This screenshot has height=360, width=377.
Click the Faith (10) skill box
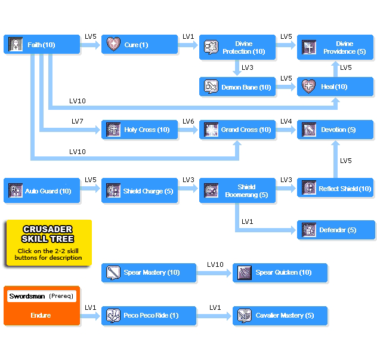click(x=42, y=45)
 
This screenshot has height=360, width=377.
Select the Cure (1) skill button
click(x=140, y=45)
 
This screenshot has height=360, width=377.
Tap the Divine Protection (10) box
click(x=237, y=47)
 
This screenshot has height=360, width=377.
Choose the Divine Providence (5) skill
click(x=336, y=47)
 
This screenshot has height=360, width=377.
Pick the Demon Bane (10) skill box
click(x=237, y=87)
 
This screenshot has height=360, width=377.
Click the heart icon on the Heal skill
click(x=308, y=87)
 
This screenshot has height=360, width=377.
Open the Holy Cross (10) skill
click(x=140, y=130)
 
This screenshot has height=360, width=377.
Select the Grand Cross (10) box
click(x=237, y=130)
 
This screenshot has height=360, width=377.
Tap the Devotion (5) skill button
click(x=336, y=130)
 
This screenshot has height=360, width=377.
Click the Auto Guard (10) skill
click(x=42, y=191)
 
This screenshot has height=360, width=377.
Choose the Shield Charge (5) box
click(x=140, y=191)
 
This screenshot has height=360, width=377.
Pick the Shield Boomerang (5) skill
click(x=237, y=191)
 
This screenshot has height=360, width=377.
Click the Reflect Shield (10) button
click(x=336, y=189)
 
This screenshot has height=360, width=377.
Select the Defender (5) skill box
click(x=336, y=230)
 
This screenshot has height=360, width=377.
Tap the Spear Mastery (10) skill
click(x=149, y=273)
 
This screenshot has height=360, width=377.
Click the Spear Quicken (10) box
click(x=280, y=273)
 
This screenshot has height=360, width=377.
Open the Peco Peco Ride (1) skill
click(x=149, y=316)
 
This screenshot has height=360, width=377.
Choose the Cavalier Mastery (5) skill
click(x=280, y=316)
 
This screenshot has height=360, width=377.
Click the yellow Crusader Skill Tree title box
click(x=48, y=242)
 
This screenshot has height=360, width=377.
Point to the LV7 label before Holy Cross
click(x=78, y=122)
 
